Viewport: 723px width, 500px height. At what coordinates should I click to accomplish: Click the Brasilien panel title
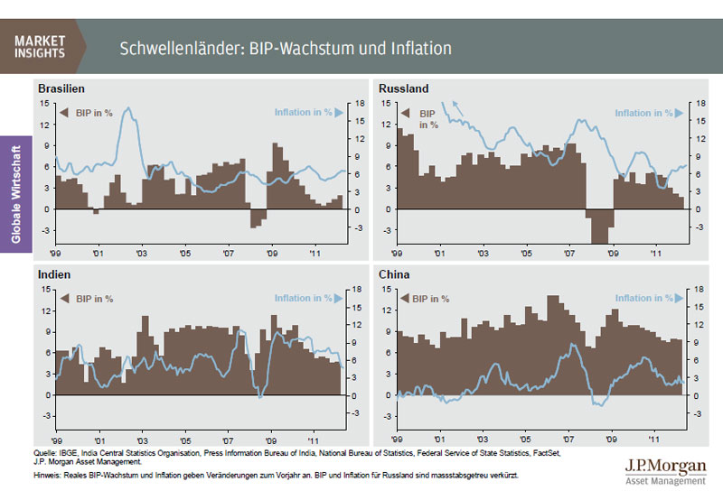click(x=61, y=88)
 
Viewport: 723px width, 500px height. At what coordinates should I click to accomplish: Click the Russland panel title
click(x=403, y=88)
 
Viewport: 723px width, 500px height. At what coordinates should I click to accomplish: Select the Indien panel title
click(x=54, y=273)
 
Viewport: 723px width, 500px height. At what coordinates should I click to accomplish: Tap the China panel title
click(x=396, y=273)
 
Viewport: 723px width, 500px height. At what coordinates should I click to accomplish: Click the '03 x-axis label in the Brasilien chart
click(x=141, y=255)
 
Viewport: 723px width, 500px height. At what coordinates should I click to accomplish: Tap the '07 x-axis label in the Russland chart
click(x=569, y=255)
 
